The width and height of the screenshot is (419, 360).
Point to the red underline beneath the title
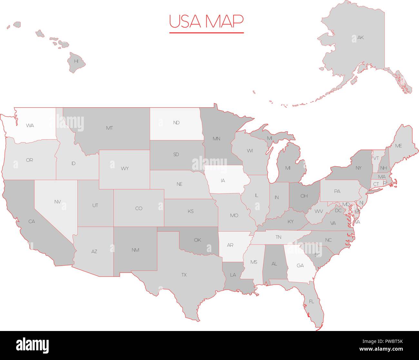click(206, 33)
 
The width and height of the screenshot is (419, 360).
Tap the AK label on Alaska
click(360, 38)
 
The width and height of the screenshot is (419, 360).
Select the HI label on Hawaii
click(76, 61)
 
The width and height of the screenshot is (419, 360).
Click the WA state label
click(30, 126)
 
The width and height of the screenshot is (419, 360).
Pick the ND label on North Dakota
click(176, 123)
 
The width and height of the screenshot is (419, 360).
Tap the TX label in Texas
click(184, 275)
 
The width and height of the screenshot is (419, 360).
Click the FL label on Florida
click(311, 302)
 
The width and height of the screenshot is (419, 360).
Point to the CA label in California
click(32, 221)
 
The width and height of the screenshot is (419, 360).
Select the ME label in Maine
click(399, 146)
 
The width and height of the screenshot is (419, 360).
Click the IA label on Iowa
click(223, 181)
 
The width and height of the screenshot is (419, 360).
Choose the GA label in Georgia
click(300, 266)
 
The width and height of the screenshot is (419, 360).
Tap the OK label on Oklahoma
click(198, 240)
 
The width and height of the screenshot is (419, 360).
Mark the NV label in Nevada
click(57, 202)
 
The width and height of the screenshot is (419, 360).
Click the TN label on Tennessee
click(278, 237)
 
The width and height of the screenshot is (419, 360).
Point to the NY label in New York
click(358, 168)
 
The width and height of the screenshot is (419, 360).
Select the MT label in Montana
click(109, 128)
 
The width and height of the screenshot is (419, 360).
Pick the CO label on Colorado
click(139, 209)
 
